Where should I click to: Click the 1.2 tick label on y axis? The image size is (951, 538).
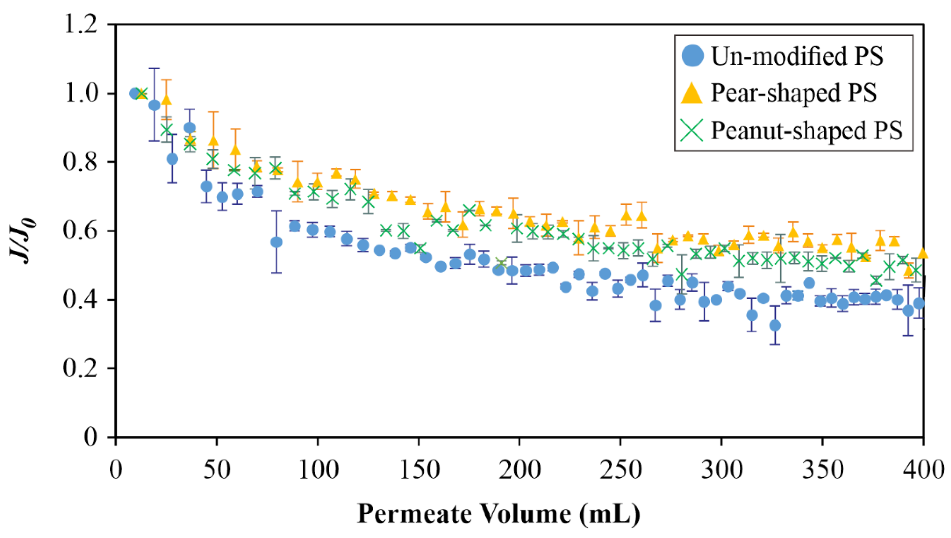[80, 25]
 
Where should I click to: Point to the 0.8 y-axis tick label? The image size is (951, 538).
[80, 162]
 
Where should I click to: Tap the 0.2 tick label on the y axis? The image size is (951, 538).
[80, 368]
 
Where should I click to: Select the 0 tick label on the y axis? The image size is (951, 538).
[90, 437]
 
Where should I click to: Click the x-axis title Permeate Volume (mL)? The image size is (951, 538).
[498, 514]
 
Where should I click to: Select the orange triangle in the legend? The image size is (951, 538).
[691, 93]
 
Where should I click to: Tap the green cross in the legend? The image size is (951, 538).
[691, 130]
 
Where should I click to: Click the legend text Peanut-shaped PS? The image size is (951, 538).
[806, 130]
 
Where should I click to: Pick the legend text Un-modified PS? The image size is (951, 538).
[797, 56]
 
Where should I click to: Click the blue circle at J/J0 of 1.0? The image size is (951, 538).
[135, 94]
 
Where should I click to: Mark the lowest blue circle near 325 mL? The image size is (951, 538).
[775, 326]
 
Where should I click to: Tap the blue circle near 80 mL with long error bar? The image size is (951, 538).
[276, 242]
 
